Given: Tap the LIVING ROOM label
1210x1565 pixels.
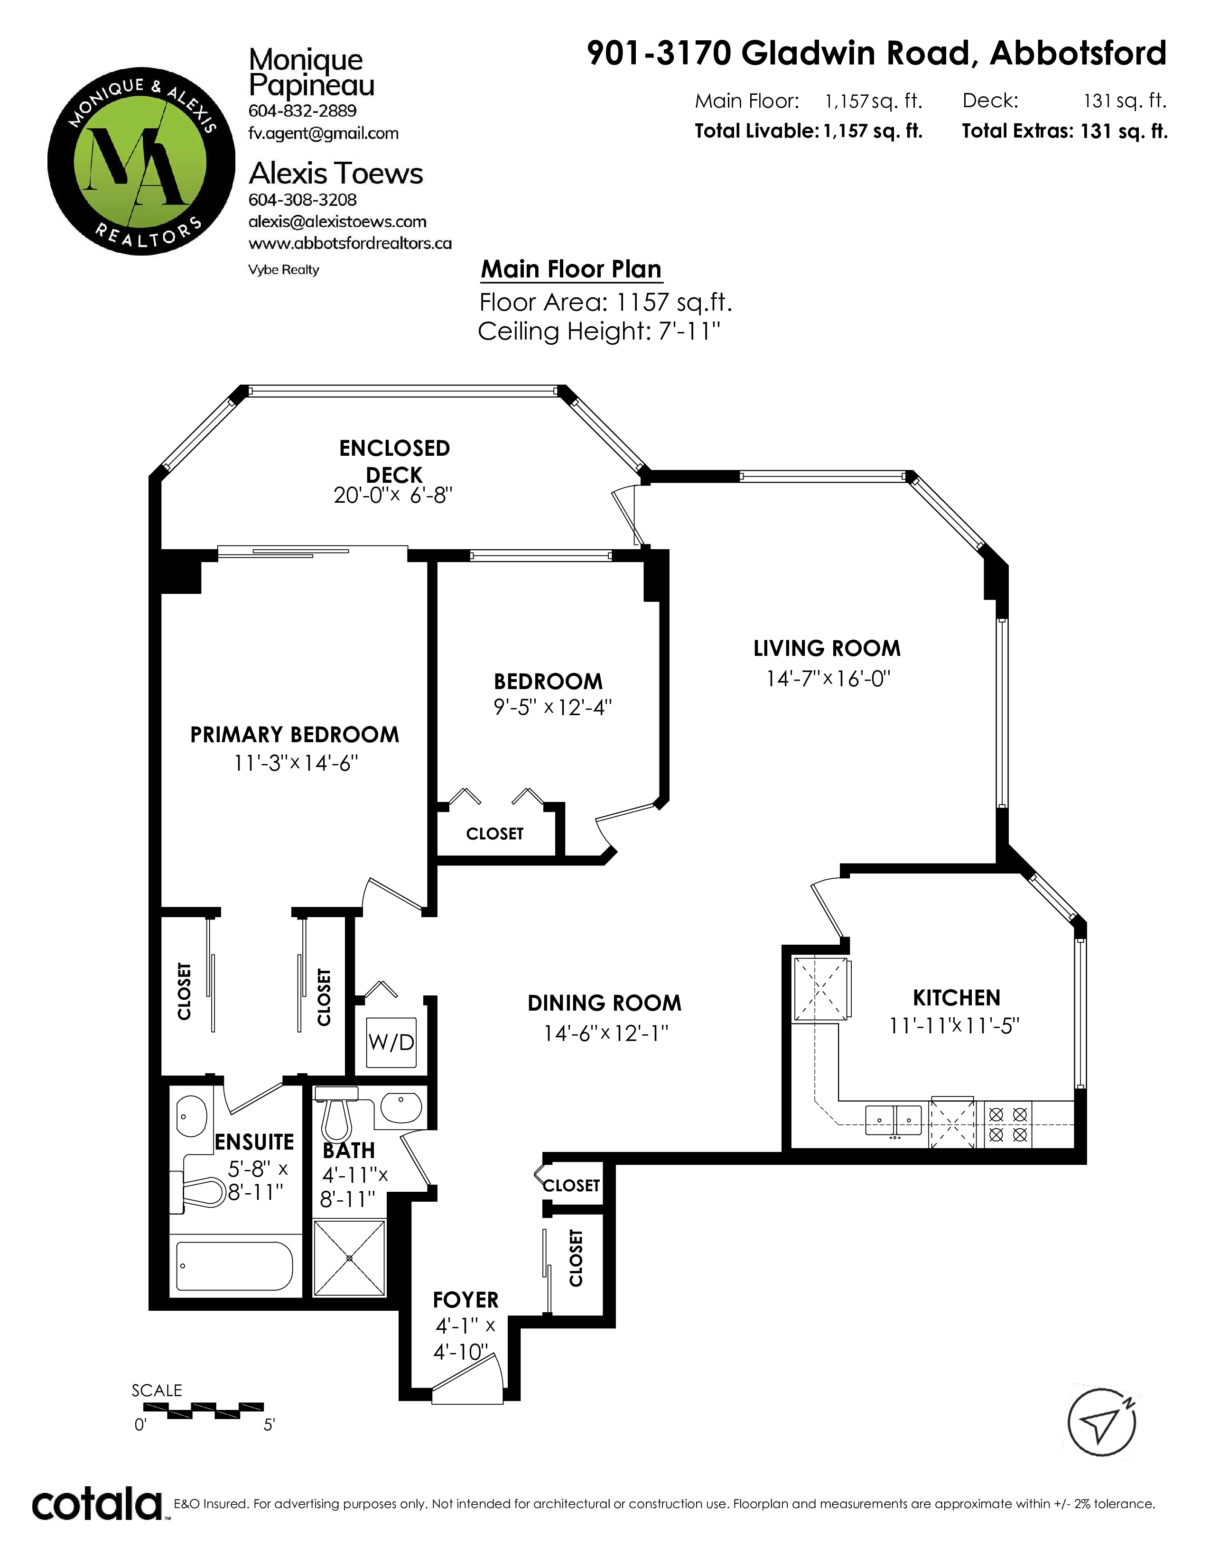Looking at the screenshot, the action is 827,648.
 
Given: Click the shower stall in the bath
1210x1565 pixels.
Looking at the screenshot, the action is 350,1258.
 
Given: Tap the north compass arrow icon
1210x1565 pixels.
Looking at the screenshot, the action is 1102,1422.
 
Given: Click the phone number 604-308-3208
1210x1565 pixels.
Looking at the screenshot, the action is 303,200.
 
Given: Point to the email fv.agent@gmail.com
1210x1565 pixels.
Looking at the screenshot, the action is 323,133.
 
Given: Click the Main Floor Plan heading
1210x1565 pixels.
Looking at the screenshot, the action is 570,269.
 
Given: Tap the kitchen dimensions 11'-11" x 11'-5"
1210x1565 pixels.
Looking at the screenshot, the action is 954,1026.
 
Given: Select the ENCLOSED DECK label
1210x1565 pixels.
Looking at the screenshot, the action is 394,461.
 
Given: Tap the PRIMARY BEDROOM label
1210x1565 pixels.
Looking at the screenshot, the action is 295,735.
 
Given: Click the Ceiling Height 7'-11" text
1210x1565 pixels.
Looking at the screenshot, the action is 598,332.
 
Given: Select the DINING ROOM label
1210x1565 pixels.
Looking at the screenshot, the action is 604,1003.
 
